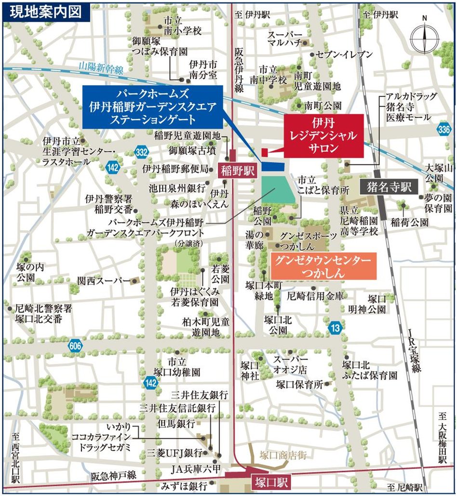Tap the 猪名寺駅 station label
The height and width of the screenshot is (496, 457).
pyautogui.click(x=389, y=187)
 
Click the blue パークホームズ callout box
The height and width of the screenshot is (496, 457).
pyautogui.click(x=152, y=107)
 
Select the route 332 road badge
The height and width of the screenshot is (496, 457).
pyautogui.click(x=142, y=152)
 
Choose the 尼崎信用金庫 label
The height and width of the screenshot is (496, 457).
pyautogui.click(x=315, y=295)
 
